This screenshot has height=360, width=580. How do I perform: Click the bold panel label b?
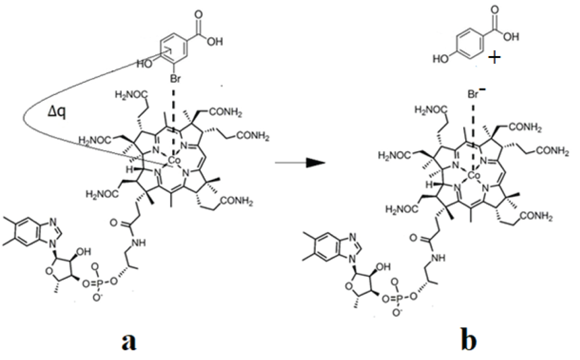pyautogui.click(x=469, y=340)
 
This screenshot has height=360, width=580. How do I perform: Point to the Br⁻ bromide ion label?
pyautogui.click(x=475, y=94)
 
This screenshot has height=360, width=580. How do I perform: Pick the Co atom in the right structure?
pyautogui.click(x=474, y=176)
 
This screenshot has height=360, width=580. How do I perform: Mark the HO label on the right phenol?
pyautogui.click(x=441, y=59)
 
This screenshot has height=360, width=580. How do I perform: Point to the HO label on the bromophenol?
pyautogui.click(x=144, y=63)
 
